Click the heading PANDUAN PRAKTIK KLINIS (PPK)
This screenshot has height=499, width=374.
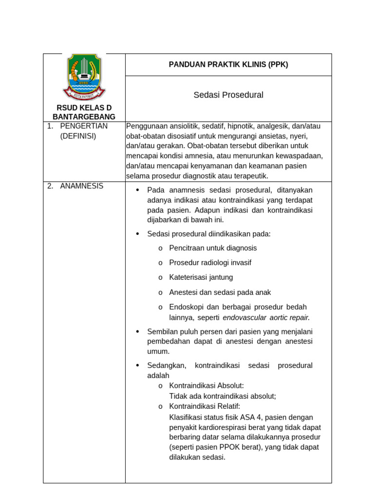(x=228, y=64)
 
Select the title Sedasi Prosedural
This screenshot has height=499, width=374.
(x=228, y=95)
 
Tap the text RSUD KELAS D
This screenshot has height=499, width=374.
(x=84, y=107)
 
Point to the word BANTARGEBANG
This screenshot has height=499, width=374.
(x=84, y=116)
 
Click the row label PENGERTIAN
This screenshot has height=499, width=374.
(x=84, y=126)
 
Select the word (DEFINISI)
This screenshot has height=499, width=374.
(x=78, y=136)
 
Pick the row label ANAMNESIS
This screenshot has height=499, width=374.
(x=81, y=186)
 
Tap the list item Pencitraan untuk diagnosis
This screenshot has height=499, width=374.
(x=213, y=248)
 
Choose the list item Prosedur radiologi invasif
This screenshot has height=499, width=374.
(x=210, y=263)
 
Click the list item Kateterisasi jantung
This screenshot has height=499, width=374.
(x=201, y=277)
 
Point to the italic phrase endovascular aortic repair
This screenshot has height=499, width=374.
(x=266, y=318)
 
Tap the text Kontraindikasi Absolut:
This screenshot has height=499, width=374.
(x=206, y=385)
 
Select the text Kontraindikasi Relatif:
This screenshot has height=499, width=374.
(x=205, y=406)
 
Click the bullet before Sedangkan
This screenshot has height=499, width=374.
(x=138, y=365)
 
